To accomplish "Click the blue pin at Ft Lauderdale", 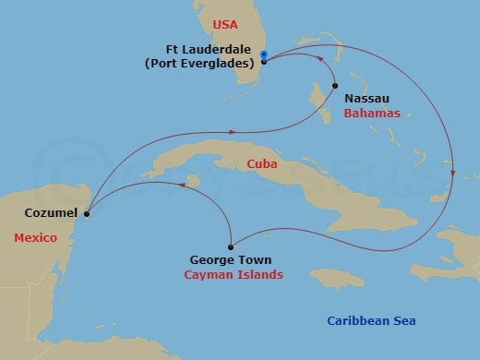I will tap(264, 55).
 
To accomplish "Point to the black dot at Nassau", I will tap(335, 86).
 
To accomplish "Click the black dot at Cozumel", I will tap(87, 214).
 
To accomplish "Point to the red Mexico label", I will tap(35, 238).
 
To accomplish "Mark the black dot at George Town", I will tap(229, 246).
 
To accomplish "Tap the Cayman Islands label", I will tap(233, 275).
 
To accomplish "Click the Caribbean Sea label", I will tap(372, 321).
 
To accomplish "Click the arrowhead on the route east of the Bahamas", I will tap(452, 173).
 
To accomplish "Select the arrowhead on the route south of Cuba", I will tap(182, 185).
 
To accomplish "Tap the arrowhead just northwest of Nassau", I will tap(322, 62).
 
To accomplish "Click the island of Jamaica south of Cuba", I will tap(338, 277).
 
